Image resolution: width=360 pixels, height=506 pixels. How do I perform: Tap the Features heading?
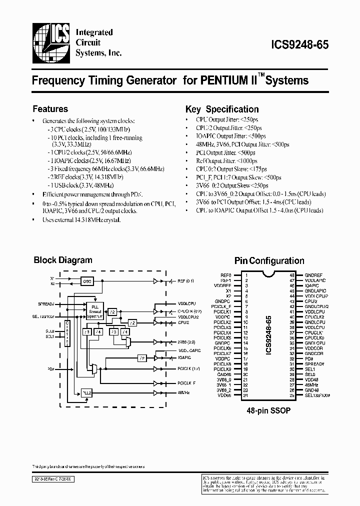tap(50, 109)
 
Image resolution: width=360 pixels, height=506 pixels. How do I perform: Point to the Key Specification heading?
tap(222, 109)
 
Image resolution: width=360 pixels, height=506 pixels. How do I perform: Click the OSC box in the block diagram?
tap(88, 281)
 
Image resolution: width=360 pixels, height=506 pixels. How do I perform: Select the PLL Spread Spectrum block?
tap(94, 310)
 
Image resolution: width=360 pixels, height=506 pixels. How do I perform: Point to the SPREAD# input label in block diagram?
tap(44, 303)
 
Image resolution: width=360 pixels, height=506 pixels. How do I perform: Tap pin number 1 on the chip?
tap(246, 275)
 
